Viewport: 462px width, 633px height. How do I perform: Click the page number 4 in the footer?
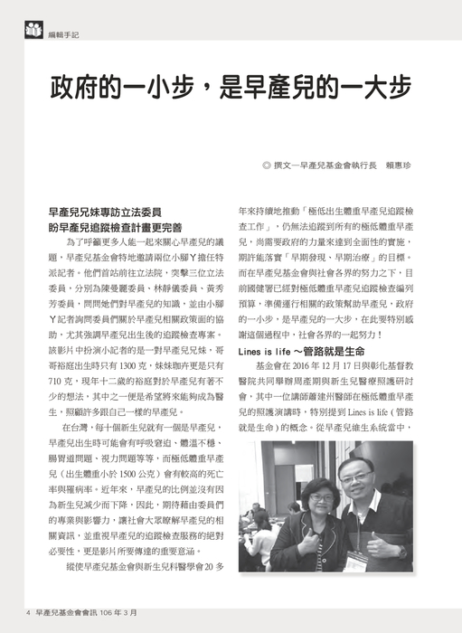coord(29,612)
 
